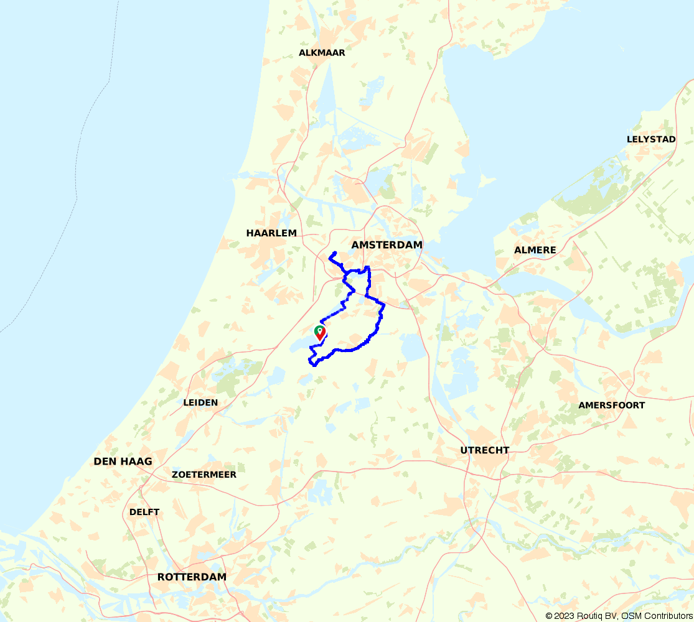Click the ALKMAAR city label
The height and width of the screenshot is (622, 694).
(x=322, y=53)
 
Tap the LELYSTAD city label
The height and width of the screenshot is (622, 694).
(x=651, y=139)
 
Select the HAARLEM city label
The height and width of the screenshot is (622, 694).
(x=271, y=233)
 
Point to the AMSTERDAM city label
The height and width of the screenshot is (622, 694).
(x=387, y=245)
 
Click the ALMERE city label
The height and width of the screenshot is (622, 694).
(x=535, y=250)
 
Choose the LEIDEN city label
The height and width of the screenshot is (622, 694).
(x=200, y=402)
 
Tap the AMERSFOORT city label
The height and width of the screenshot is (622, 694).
(x=611, y=406)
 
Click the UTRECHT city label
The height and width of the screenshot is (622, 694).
(x=485, y=450)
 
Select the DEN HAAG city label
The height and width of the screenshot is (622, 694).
(x=123, y=462)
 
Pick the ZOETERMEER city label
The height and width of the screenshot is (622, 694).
(x=204, y=475)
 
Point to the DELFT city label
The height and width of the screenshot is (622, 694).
(x=144, y=513)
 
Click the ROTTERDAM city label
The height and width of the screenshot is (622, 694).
(x=192, y=577)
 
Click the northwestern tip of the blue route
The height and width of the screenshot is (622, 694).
(x=329, y=256)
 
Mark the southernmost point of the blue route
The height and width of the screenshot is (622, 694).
(x=315, y=365)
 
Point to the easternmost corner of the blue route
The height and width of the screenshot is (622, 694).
(x=385, y=305)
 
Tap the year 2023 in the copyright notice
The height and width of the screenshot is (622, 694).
(x=566, y=616)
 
